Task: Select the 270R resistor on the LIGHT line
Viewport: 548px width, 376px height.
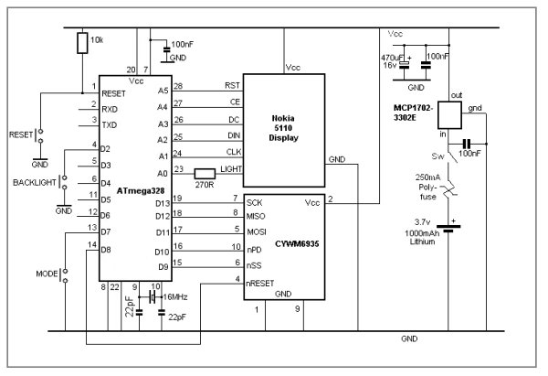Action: [205, 173]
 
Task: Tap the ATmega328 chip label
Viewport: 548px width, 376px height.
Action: [129, 190]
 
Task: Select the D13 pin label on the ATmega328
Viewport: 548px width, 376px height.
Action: [163, 201]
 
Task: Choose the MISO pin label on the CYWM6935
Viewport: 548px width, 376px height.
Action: [258, 217]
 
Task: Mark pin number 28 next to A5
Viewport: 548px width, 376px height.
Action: [179, 86]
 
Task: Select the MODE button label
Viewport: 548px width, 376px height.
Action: [46, 274]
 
